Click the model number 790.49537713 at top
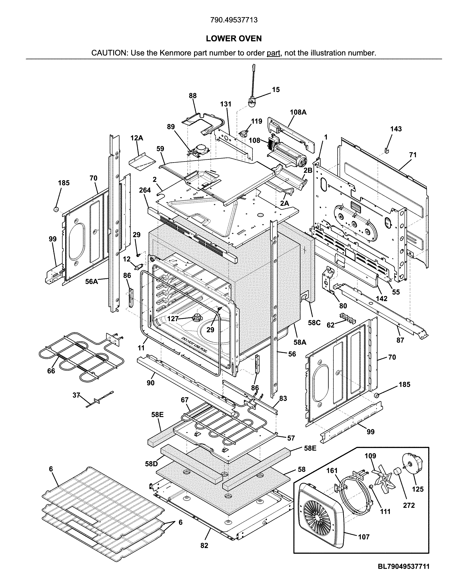(x=234, y=20)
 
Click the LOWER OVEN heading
(x=234, y=39)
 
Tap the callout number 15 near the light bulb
(x=276, y=90)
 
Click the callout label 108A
(x=298, y=112)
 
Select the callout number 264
(x=145, y=190)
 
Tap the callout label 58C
(x=314, y=323)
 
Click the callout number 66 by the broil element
(x=51, y=371)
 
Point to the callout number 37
(x=76, y=395)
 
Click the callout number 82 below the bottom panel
(x=204, y=544)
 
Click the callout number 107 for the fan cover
(x=364, y=537)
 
